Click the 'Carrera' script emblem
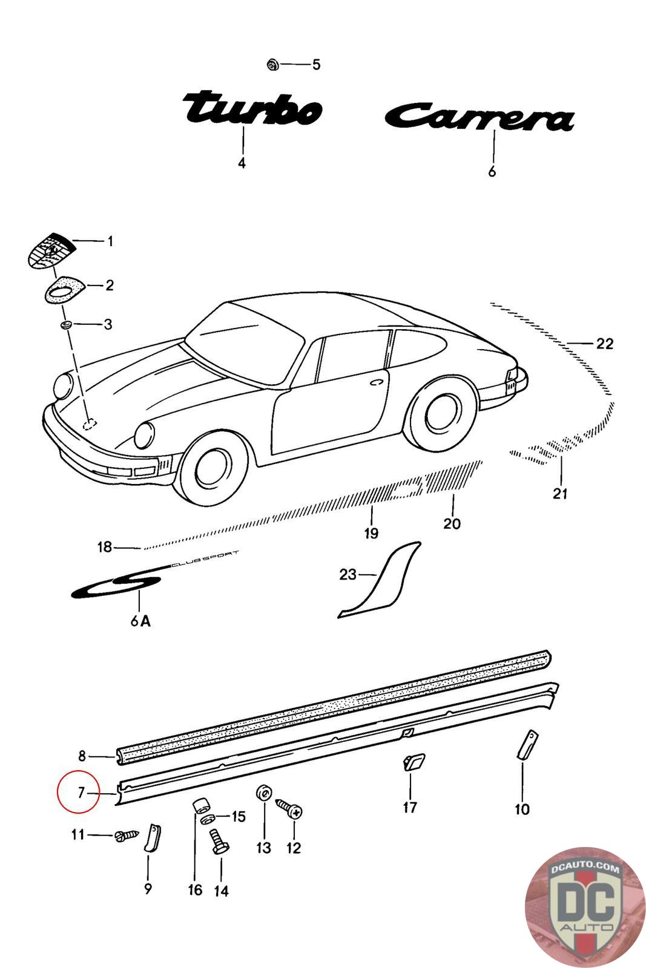478,118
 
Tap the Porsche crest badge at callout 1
51,249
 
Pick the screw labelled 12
290,808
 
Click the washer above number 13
263,793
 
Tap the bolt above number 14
217,841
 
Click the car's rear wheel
441,414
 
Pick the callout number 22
604,344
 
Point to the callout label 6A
140,621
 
